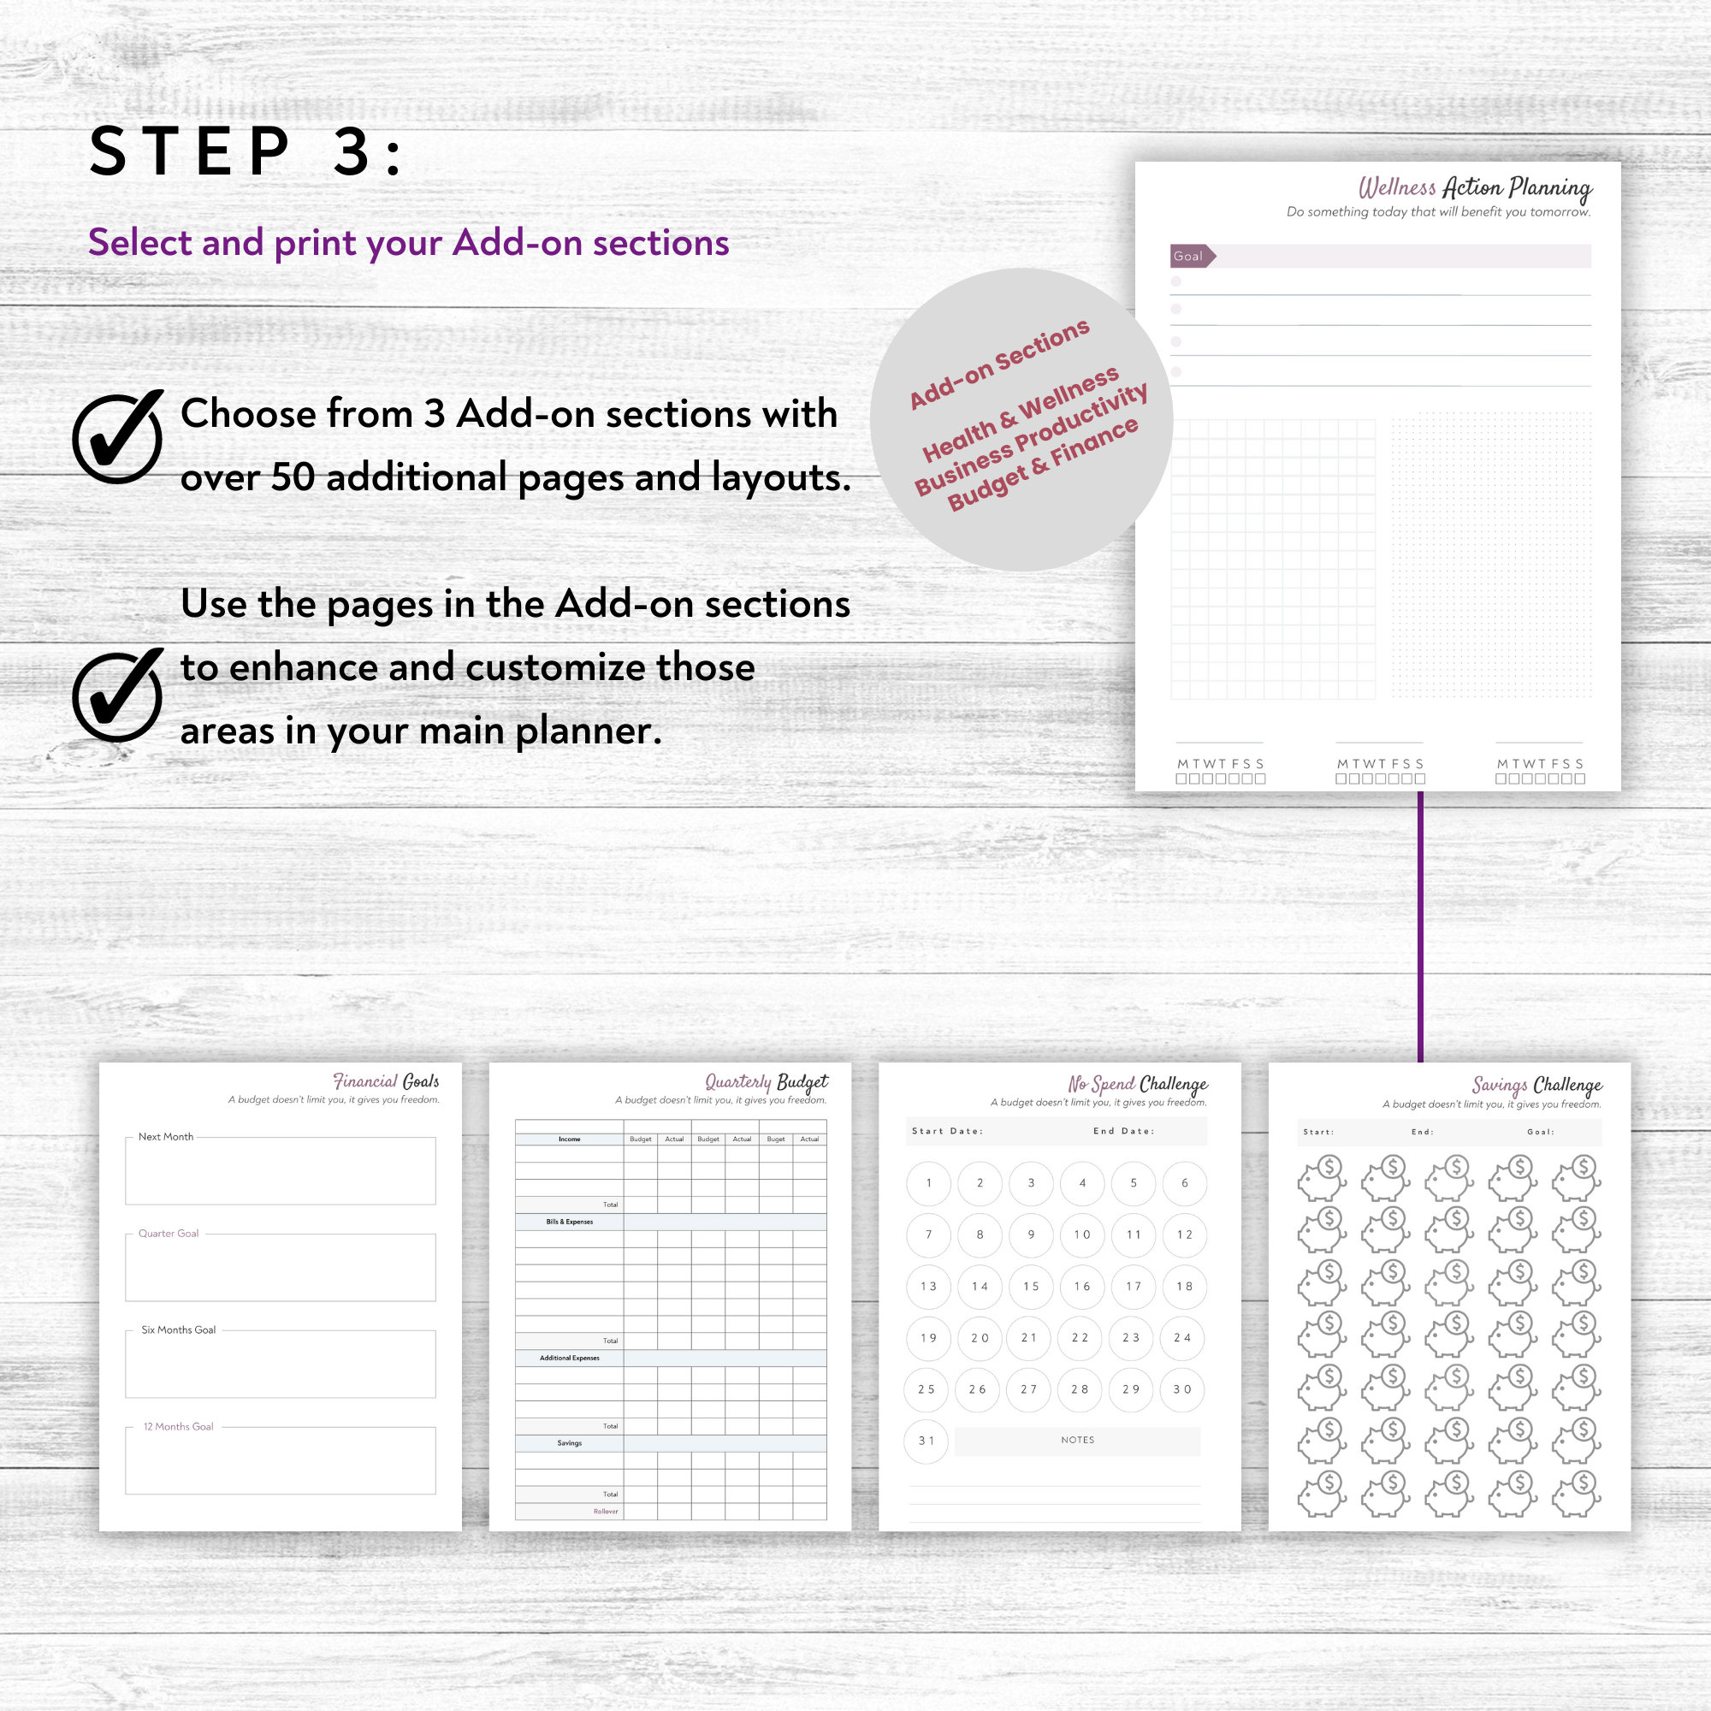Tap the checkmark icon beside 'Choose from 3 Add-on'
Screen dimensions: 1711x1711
coord(118,437)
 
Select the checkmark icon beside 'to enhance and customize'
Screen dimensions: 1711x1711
coord(118,696)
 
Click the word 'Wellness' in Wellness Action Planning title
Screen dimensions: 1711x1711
coord(1397,187)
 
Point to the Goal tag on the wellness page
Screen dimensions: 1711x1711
coord(1190,256)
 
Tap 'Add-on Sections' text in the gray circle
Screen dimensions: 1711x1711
coord(999,364)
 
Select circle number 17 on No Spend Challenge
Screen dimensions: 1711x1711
coord(1134,1286)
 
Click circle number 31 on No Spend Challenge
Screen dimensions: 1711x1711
coord(927,1441)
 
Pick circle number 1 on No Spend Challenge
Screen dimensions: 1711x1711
coord(928,1183)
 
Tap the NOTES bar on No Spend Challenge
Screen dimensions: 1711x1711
coord(1078,1440)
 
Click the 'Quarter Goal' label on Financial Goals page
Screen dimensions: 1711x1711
coord(169,1233)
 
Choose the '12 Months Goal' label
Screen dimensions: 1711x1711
coord(178,1426)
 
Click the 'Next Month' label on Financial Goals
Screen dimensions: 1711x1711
coord(166,1136)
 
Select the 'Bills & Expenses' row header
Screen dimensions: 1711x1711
coord(570,1222)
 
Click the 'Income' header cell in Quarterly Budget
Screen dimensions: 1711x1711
coord(570,1139)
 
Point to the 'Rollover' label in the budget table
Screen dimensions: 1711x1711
coord(606,1511)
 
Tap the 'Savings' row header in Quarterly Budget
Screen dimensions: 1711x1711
coord(570,1442)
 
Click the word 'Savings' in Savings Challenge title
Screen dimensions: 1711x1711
coord(1499,1085)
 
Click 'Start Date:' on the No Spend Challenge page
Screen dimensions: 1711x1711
coord(947,1131)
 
